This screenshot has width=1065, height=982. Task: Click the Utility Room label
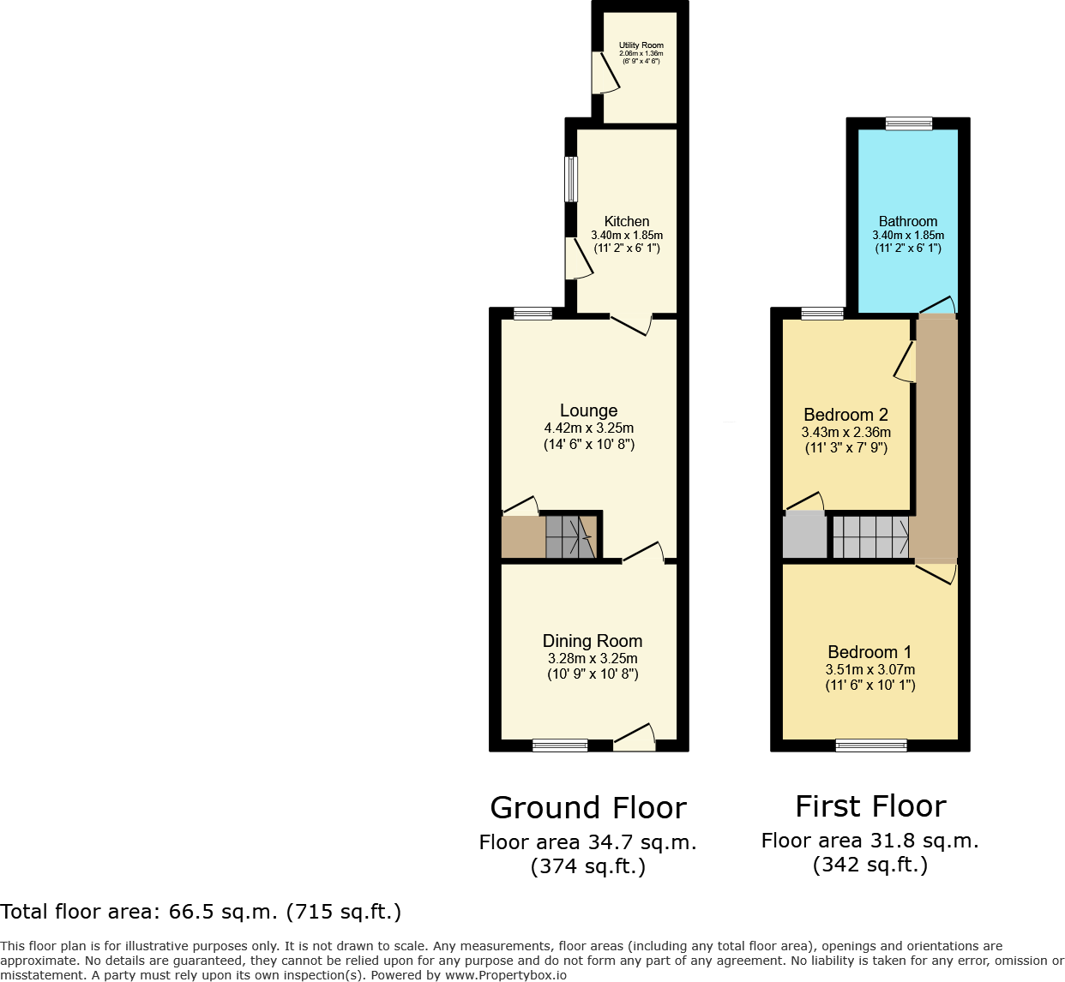point(641,45)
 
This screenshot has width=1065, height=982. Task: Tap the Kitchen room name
point(627,221)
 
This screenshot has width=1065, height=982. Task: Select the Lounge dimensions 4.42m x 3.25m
point(589,428)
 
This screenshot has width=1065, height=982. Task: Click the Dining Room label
point(593,641)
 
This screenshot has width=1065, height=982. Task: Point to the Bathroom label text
point(908,221)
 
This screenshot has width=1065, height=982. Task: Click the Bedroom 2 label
point(845,415)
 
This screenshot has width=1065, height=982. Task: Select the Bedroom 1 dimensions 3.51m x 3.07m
point(870,670)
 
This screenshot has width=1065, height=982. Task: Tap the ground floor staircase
point(570,536)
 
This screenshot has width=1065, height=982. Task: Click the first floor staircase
point(870,536)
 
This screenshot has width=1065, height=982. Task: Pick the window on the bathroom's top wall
point(908,124)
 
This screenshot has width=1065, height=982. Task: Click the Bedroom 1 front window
point(871,745)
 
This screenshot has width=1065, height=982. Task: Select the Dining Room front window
point(560,745)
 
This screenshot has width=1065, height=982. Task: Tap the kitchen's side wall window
point(571,178)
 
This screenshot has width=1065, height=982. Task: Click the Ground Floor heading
point(588,808)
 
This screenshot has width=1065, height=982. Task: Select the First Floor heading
point(870,806)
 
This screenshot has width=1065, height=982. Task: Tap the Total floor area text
point(201,912)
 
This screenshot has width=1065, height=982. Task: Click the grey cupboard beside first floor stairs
point(804,536)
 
